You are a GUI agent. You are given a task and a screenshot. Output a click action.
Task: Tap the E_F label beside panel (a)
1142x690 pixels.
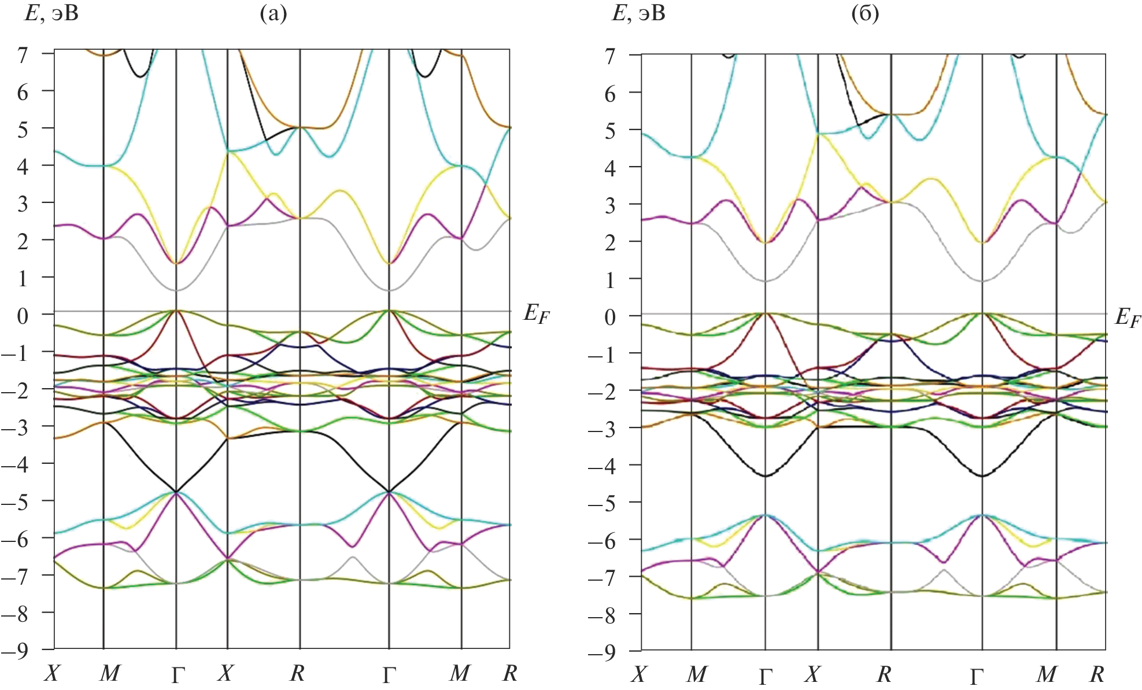pos(536,315)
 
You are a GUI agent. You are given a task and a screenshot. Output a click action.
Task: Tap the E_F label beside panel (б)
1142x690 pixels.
pos(1128,318)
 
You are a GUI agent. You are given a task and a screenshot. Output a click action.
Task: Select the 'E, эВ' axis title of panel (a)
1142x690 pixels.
pos(51,13)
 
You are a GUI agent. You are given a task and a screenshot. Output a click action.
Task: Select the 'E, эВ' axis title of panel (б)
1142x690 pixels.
pos(638,13)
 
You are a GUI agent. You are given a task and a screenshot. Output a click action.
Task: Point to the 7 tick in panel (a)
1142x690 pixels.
pos(23,55)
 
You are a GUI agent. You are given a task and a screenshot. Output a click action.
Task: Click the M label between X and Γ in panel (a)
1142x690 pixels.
pos(110,673)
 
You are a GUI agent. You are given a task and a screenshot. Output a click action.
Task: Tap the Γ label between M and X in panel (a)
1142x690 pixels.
pos(178,674)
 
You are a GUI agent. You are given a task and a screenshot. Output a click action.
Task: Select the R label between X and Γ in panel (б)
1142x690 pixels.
pos(884,674)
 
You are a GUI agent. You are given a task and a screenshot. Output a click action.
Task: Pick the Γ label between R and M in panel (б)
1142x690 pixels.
pos(977,676)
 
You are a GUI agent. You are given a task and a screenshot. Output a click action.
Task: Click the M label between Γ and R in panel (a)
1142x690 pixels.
pos(460,673)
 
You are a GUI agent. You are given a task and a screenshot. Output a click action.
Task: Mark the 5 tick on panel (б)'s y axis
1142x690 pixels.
pos(610,131)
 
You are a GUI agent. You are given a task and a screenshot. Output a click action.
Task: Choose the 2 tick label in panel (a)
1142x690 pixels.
pos(23,242)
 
